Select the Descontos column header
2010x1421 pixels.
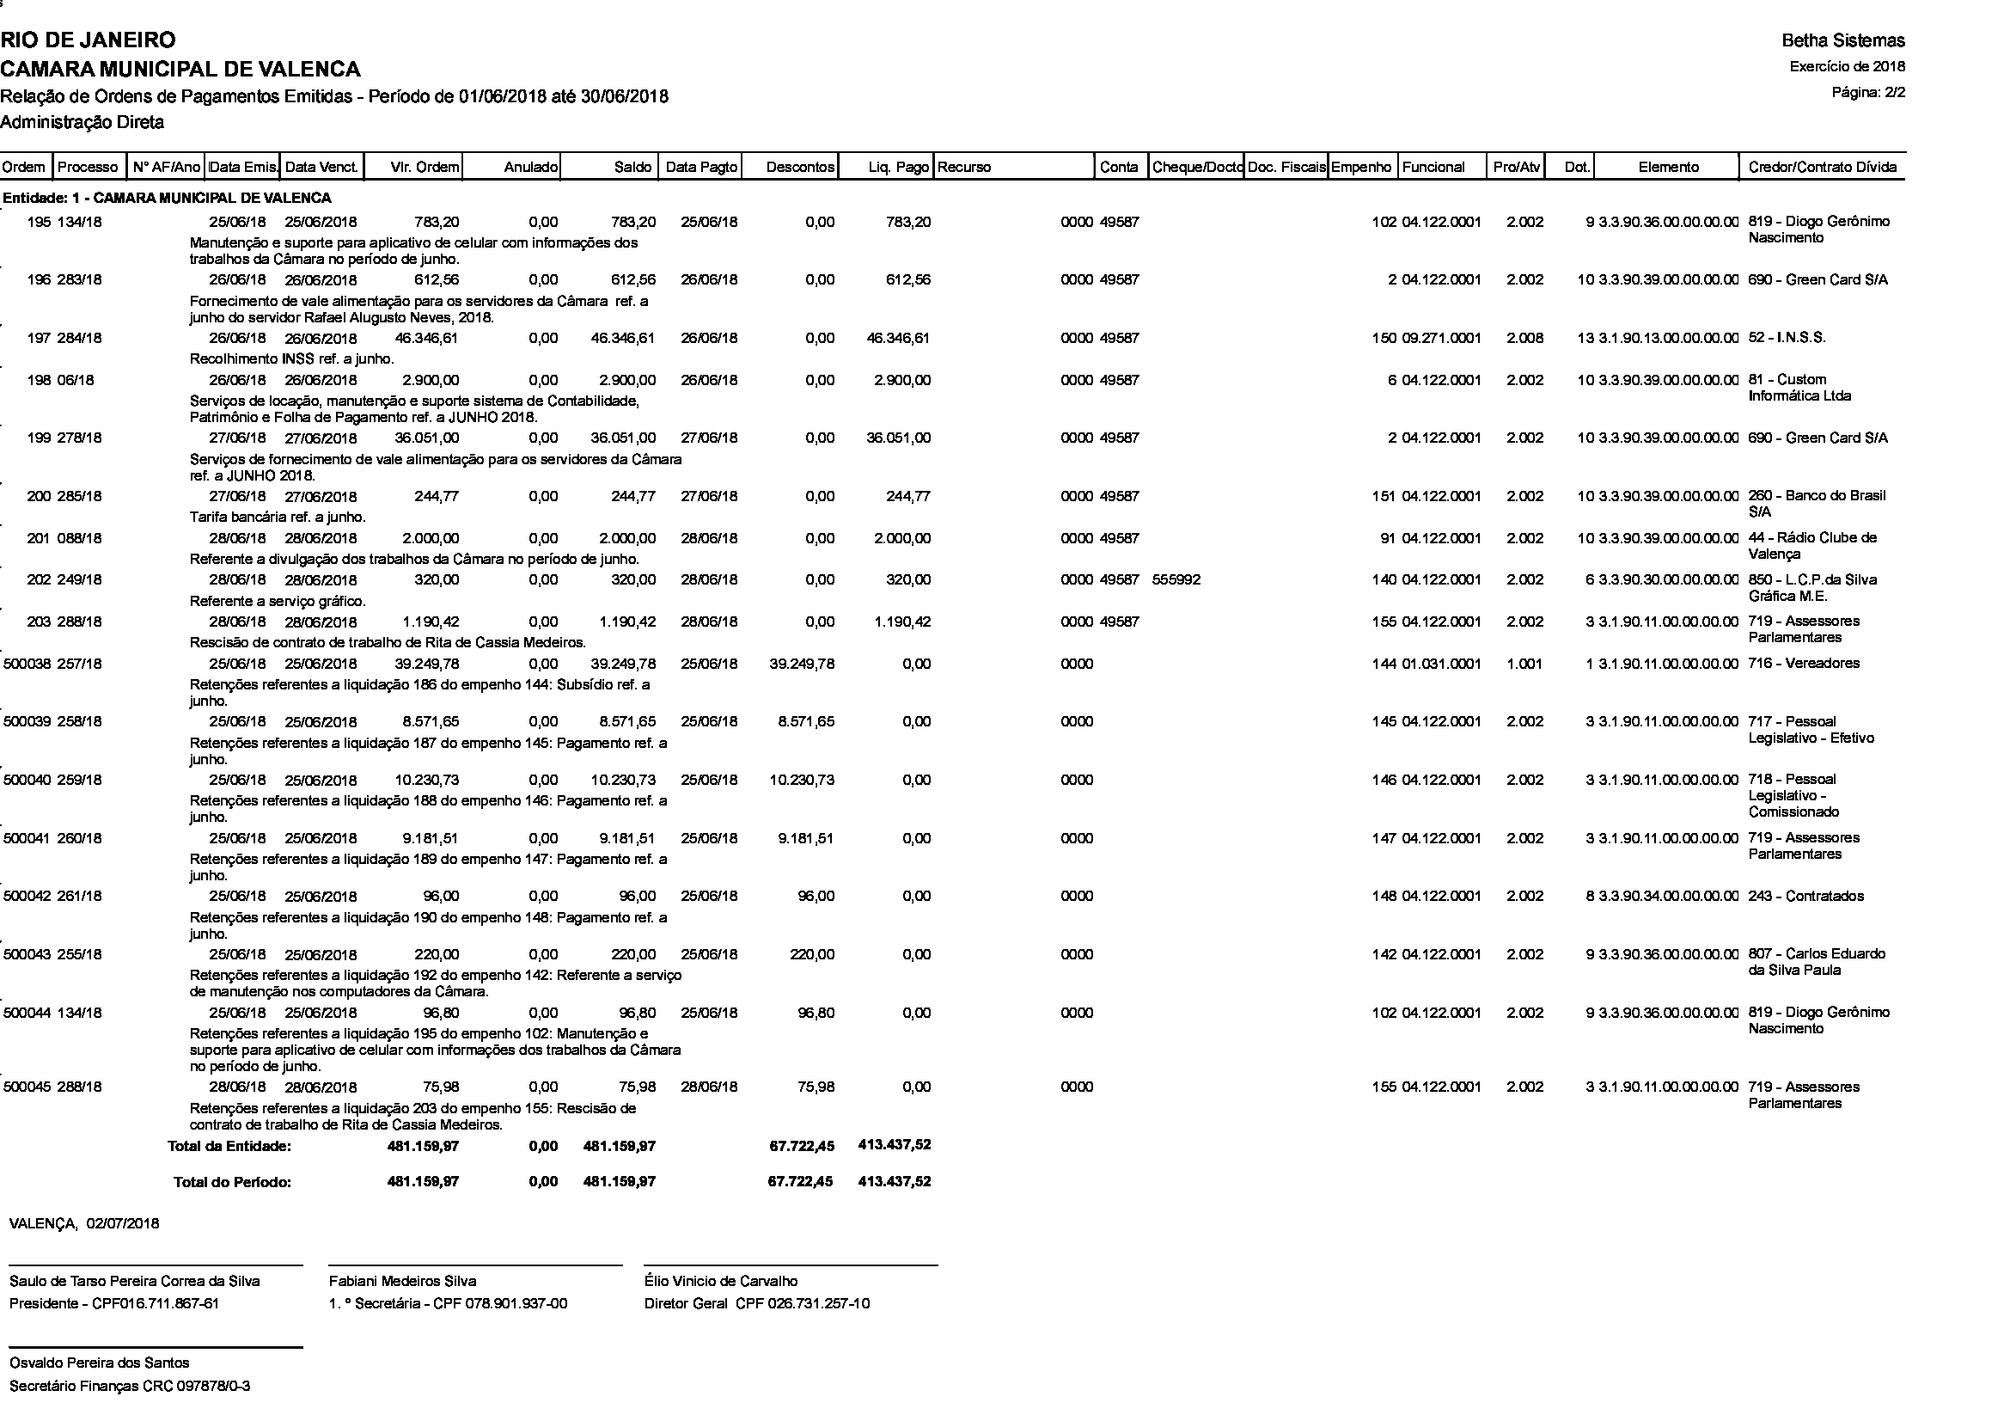tap(799, 168)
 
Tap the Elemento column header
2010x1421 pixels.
tap(1668, 168)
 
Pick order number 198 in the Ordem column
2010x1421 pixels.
tap(39, 380)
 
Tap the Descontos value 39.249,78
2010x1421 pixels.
tap(801, 664)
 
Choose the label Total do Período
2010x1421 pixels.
tap(232, 1182)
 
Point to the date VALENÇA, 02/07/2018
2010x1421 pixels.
tap(84, 1223)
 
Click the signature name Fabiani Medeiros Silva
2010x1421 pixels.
tap(402, 1281)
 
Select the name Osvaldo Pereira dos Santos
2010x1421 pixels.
tap(99, 1363)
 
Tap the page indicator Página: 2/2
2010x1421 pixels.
tap(1868, 92)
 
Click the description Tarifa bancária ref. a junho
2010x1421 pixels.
tap(278, 517)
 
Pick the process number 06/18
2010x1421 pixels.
tap(76, 380)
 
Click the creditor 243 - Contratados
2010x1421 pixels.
tap(1805, 896)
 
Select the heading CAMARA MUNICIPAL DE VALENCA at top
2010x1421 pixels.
tap(180, 68)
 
